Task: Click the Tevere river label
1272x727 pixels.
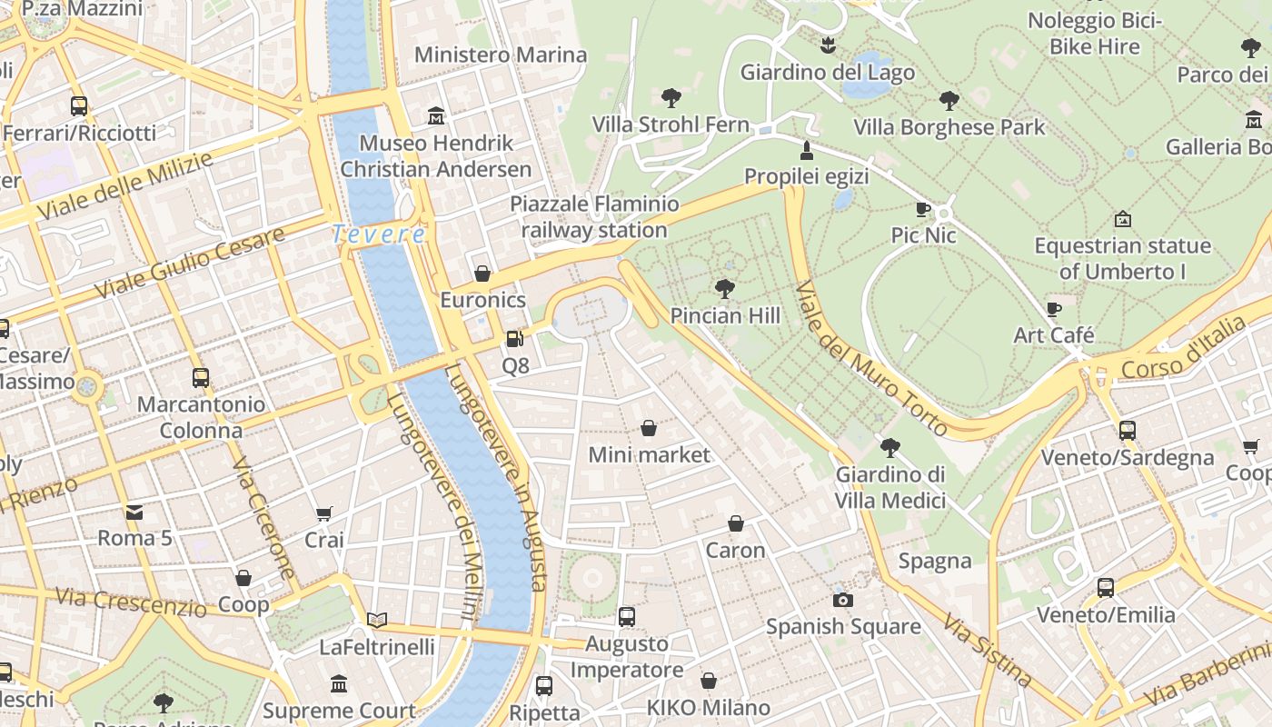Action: point(378,234)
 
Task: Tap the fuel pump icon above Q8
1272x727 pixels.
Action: point(514,339)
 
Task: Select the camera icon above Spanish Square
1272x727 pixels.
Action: point(843,600)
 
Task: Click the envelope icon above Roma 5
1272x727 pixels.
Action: point(134,512)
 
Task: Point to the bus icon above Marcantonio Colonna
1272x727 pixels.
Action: point(201,377)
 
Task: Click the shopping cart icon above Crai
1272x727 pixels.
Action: point(324,513)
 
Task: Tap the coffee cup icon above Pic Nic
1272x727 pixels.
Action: point(923,209)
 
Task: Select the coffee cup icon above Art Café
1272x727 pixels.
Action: point(1054,309)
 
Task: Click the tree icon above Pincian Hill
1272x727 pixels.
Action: point(724,289)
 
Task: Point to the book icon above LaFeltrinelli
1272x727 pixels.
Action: point(377,621)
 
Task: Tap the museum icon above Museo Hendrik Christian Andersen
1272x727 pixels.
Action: point(436,116)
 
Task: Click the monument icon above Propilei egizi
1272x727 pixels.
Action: point(806,150)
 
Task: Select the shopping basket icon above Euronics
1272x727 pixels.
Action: point(482,274)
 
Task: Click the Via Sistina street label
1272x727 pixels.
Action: point(987,649)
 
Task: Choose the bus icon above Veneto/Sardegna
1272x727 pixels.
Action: point(1128,431)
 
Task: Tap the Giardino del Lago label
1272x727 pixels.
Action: point(828,72)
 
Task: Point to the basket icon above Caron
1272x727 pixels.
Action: point(736,524)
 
